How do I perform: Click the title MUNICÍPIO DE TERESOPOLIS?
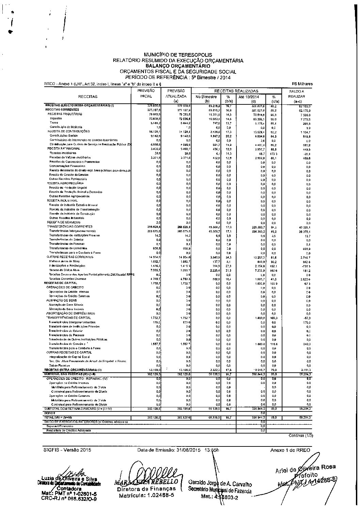pos(178,55)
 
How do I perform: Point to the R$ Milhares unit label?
pos(302,84)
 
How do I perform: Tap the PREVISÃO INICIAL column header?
pos(146,94)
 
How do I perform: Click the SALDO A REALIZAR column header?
pos(296,94)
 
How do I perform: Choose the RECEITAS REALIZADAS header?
pos(236,91)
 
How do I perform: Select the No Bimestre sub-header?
pos(206,97)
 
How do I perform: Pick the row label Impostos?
pos(56,118)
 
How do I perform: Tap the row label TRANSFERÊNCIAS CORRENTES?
pos(69,226)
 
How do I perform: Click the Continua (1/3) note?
pos(301,436)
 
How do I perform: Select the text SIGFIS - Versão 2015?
pos(67,450)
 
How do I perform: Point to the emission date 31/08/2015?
pos(189,450)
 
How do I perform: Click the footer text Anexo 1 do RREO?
pos(290,450)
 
